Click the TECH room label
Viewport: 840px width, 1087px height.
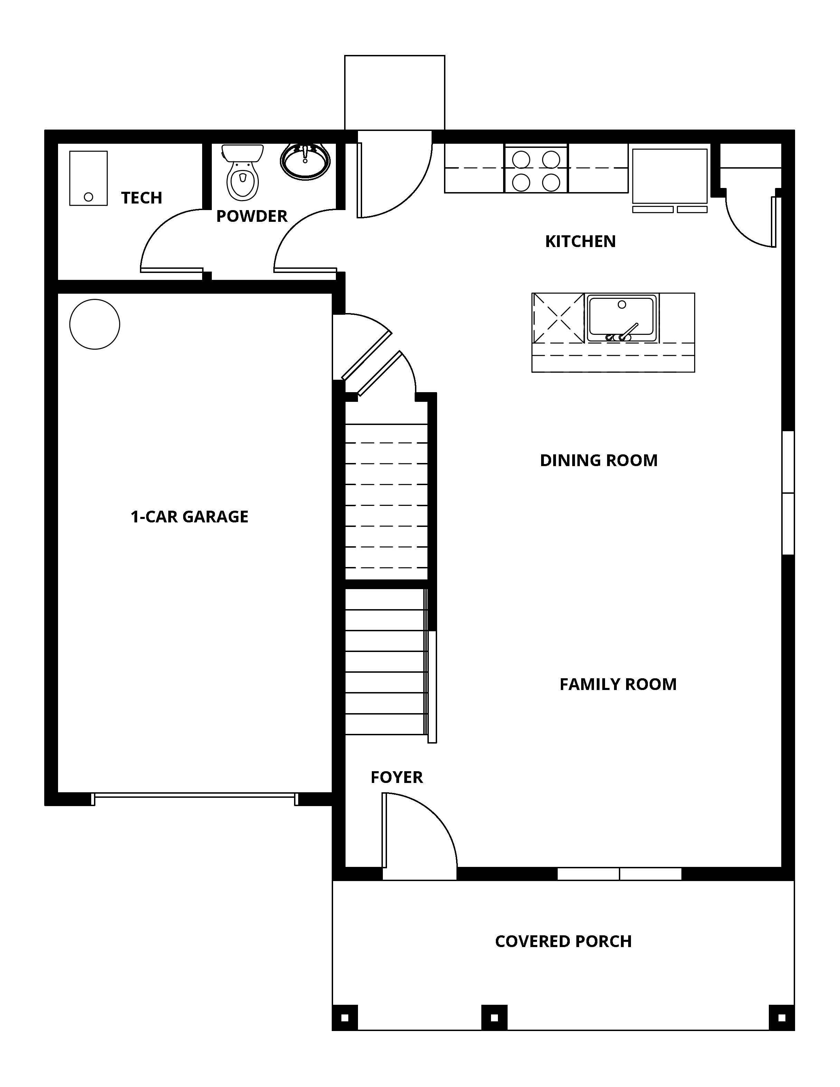(x=141, y=198)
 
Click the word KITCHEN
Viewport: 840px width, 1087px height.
(x=580, y=242)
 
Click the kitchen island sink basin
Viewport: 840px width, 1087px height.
(x=622, y=319)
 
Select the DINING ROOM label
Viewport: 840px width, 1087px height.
(x=599, y=460)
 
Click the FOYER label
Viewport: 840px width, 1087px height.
(x=397, y=777)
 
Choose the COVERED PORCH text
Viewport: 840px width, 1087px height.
(x=563, y=941)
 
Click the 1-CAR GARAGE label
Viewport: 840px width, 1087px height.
(x=189, y=517)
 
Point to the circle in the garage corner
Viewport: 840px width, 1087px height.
(x=95, y=324)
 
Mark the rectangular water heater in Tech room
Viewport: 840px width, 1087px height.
(x=88, y=178)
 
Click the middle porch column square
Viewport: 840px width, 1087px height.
(x=494, y=1018)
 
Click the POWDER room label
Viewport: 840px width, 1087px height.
(x=252, y=216)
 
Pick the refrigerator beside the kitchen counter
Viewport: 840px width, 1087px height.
(x=669, y=177)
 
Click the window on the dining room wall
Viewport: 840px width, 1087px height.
(x=788, y=493)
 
